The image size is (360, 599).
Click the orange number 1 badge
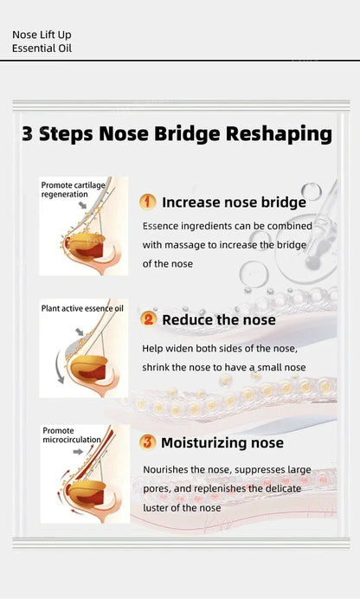click(x=148, y=202)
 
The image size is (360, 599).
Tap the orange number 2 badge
click(x=148, y=319)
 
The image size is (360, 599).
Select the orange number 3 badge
click(x=148, y=442)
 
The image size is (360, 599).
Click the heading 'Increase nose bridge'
click(x=234, y=203)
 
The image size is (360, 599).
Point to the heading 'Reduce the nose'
click(x=219, y=320)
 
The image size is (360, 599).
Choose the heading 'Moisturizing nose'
click(x=222, y=443)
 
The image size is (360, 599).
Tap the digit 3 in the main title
click(x=28, y=134)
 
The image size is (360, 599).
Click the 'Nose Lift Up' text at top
click(x=42, y=35)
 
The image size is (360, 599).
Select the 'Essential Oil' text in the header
click(x=42, y=48)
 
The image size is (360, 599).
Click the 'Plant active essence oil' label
click(x=82, y=308)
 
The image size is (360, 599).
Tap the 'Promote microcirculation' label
click(x=71, y=435)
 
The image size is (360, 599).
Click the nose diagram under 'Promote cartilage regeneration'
click(x=84, y=238)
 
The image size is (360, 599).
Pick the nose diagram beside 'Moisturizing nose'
click(x=84, y=480)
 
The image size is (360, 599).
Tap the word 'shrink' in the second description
click(x=162, y=368)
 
